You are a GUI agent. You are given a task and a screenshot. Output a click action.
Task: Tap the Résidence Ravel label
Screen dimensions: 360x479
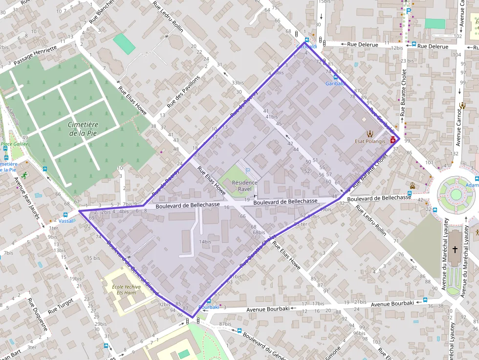[244, 186]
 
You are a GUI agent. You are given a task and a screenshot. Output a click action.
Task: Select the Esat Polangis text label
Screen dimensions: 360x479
[370, 141]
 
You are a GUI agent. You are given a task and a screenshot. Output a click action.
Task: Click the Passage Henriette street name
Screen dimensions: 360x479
[35, 56]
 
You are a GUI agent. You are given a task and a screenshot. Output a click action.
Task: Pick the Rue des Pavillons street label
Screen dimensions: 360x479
[183, 91]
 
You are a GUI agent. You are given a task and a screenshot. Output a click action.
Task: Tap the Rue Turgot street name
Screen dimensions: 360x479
[61, 305]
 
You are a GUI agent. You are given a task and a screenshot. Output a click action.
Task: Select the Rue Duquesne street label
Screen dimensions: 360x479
[37, 315]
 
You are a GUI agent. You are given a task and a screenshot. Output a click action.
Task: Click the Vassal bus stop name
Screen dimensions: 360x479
[65, 221]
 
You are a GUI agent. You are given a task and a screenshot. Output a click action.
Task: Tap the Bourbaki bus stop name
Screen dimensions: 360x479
[209, 307]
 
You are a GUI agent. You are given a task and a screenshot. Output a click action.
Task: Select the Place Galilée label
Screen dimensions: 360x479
[15, 144]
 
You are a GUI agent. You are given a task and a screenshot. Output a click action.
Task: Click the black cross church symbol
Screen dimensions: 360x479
[455, 250]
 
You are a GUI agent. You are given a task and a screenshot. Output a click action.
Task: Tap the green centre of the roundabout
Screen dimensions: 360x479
[456, 194]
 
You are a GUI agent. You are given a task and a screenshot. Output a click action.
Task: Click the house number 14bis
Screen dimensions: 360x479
[205, 242]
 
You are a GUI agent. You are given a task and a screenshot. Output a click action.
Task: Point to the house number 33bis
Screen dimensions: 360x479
[238, 83]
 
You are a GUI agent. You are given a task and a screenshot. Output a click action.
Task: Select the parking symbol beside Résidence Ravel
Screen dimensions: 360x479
[248, 170]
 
